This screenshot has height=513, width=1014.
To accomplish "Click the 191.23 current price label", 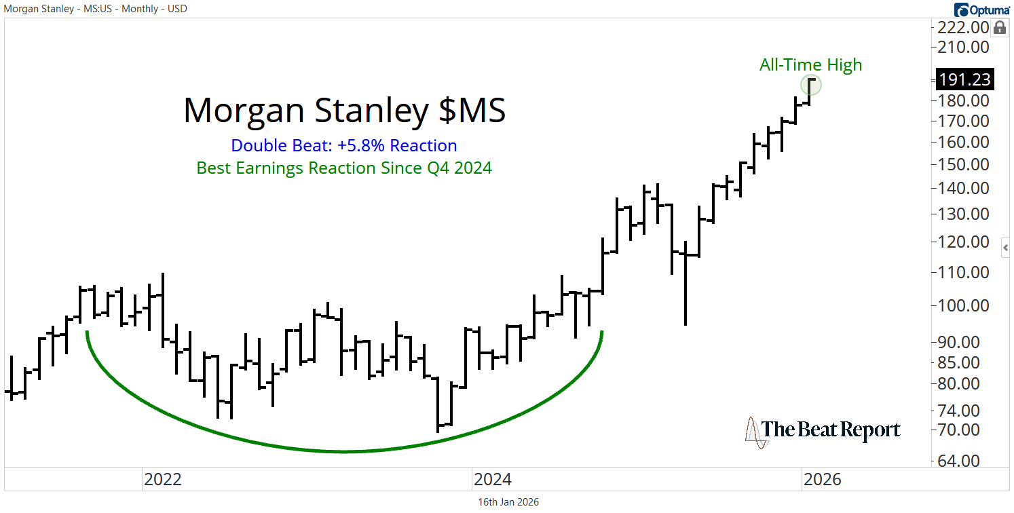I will click(x=964, y=79).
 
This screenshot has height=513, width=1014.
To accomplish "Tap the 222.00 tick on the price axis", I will click(x=964, y=28).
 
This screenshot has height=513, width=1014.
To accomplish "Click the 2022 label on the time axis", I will click(x=163, y=480).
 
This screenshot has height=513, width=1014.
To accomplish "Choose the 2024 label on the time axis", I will click(x=493, y=480).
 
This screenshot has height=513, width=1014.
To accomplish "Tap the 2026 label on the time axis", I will click(x=822, y=480).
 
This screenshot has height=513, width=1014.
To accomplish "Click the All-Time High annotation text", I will click(x=810, y=65).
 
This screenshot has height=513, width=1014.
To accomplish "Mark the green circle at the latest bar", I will click(x=811, y=85).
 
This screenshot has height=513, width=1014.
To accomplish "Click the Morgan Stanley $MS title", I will click(x=344, y=111).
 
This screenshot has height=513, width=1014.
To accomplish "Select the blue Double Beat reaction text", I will click(x=344, y=146).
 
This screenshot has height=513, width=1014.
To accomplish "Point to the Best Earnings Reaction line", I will click(x=344, y=168).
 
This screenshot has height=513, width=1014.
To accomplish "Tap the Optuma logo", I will click(x=981, y=9).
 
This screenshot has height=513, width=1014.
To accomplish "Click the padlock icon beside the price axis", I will click(x=999, y=28).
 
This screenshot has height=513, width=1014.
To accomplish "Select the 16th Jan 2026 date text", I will click(x=508, y=502).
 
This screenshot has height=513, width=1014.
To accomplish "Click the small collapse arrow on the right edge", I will click(x=1007, y=248).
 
